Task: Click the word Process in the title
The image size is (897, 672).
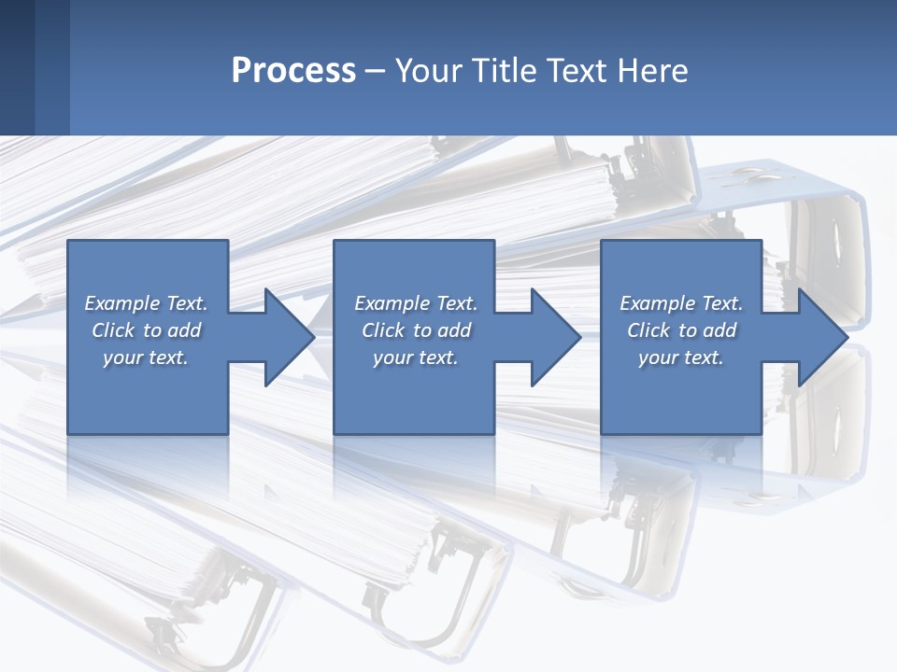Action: (293, 71)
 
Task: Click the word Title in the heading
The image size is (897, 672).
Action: (502, 71)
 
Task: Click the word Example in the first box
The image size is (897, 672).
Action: (121, 303)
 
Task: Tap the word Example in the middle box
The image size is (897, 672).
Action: (392, 303)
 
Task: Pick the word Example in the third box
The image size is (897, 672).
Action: (657, 303)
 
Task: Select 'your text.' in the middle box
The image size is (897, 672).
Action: (415, 357)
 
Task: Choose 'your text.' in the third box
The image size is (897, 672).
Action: (680, 357)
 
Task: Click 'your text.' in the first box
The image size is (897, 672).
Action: (146, 357)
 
